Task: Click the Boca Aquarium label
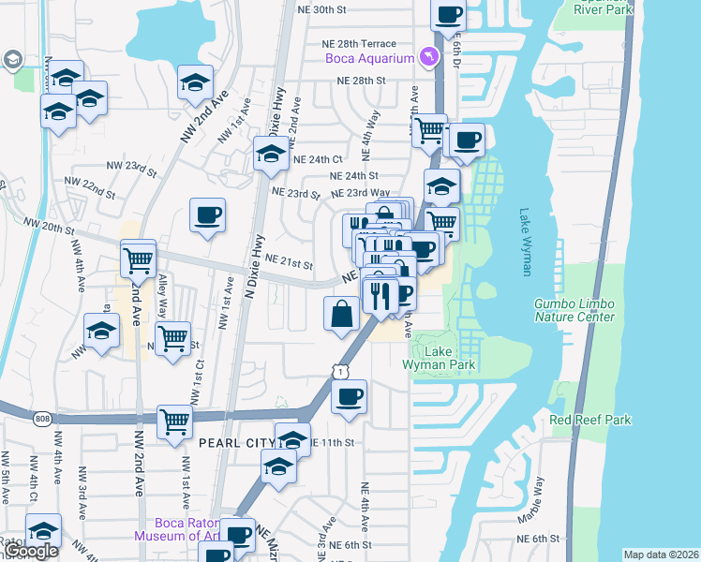coord(369,59)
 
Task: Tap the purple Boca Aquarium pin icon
coord(429,58)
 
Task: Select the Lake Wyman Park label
coord(440,358)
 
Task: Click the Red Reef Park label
coord(590,420)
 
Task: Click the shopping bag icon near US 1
coord(340,313)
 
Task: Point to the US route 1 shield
coord(337,372)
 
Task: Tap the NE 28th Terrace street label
coord(359,44)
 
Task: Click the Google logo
coord(29,552)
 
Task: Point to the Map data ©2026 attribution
coord(661,555)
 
